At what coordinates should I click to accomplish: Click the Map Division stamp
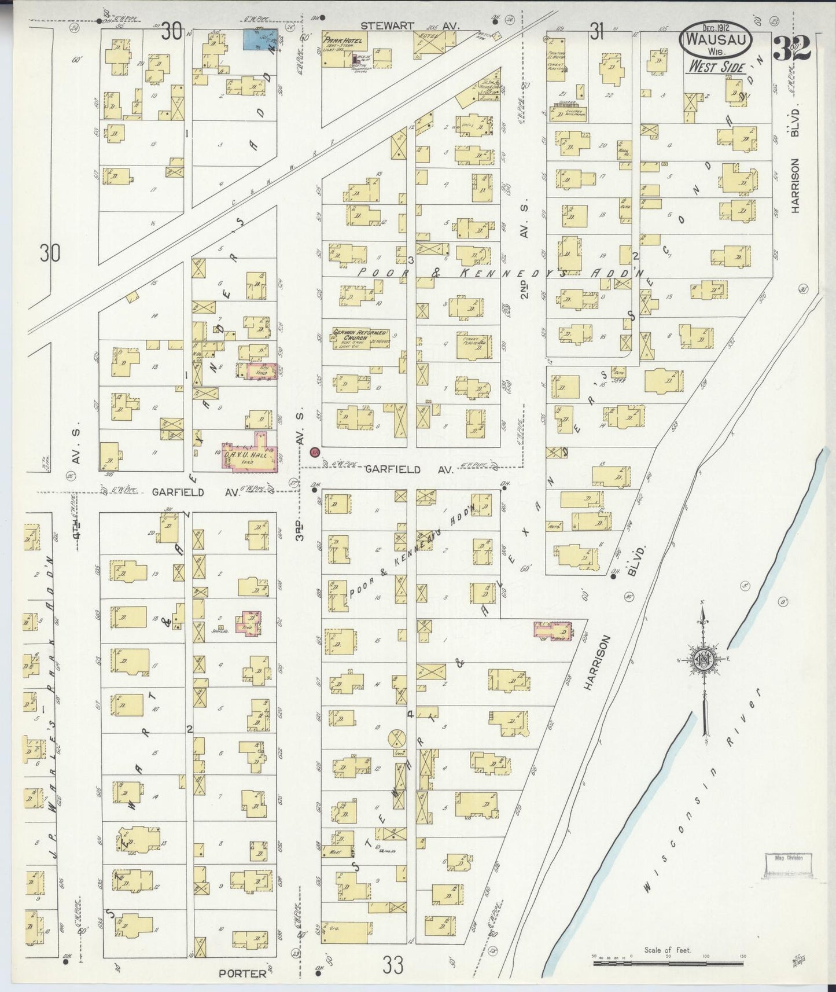(x=788, y=858)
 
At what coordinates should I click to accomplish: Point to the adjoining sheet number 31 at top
(x=596, y=34)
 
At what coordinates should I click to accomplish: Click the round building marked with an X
(x=396, y=739)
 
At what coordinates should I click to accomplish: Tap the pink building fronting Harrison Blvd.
(x=553, y=630)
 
